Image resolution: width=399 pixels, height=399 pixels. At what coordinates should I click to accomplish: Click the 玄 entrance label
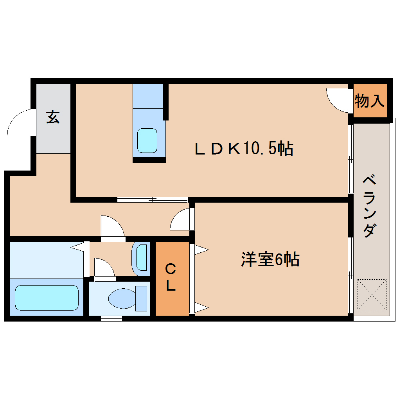pyautogui.click(x=53, y=117)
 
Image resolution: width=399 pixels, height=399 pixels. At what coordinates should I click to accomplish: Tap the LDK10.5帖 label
pyautogui.click(x=244, y=149)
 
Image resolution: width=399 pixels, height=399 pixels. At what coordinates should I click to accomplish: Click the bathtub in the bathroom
pyautogui.click(x=47, y=298)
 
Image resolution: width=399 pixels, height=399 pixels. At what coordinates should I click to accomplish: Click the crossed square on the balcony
pyautogui.click(x=372, y=294)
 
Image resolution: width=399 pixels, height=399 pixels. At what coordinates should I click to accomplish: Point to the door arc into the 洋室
pyautogui.click(x=181, y=219)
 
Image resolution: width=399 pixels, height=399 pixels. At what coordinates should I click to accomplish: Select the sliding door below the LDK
pyautogui.click(x=153, y=199)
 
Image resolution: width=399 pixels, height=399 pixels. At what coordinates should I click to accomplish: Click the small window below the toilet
pyautogui.click(x=111, y=318)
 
